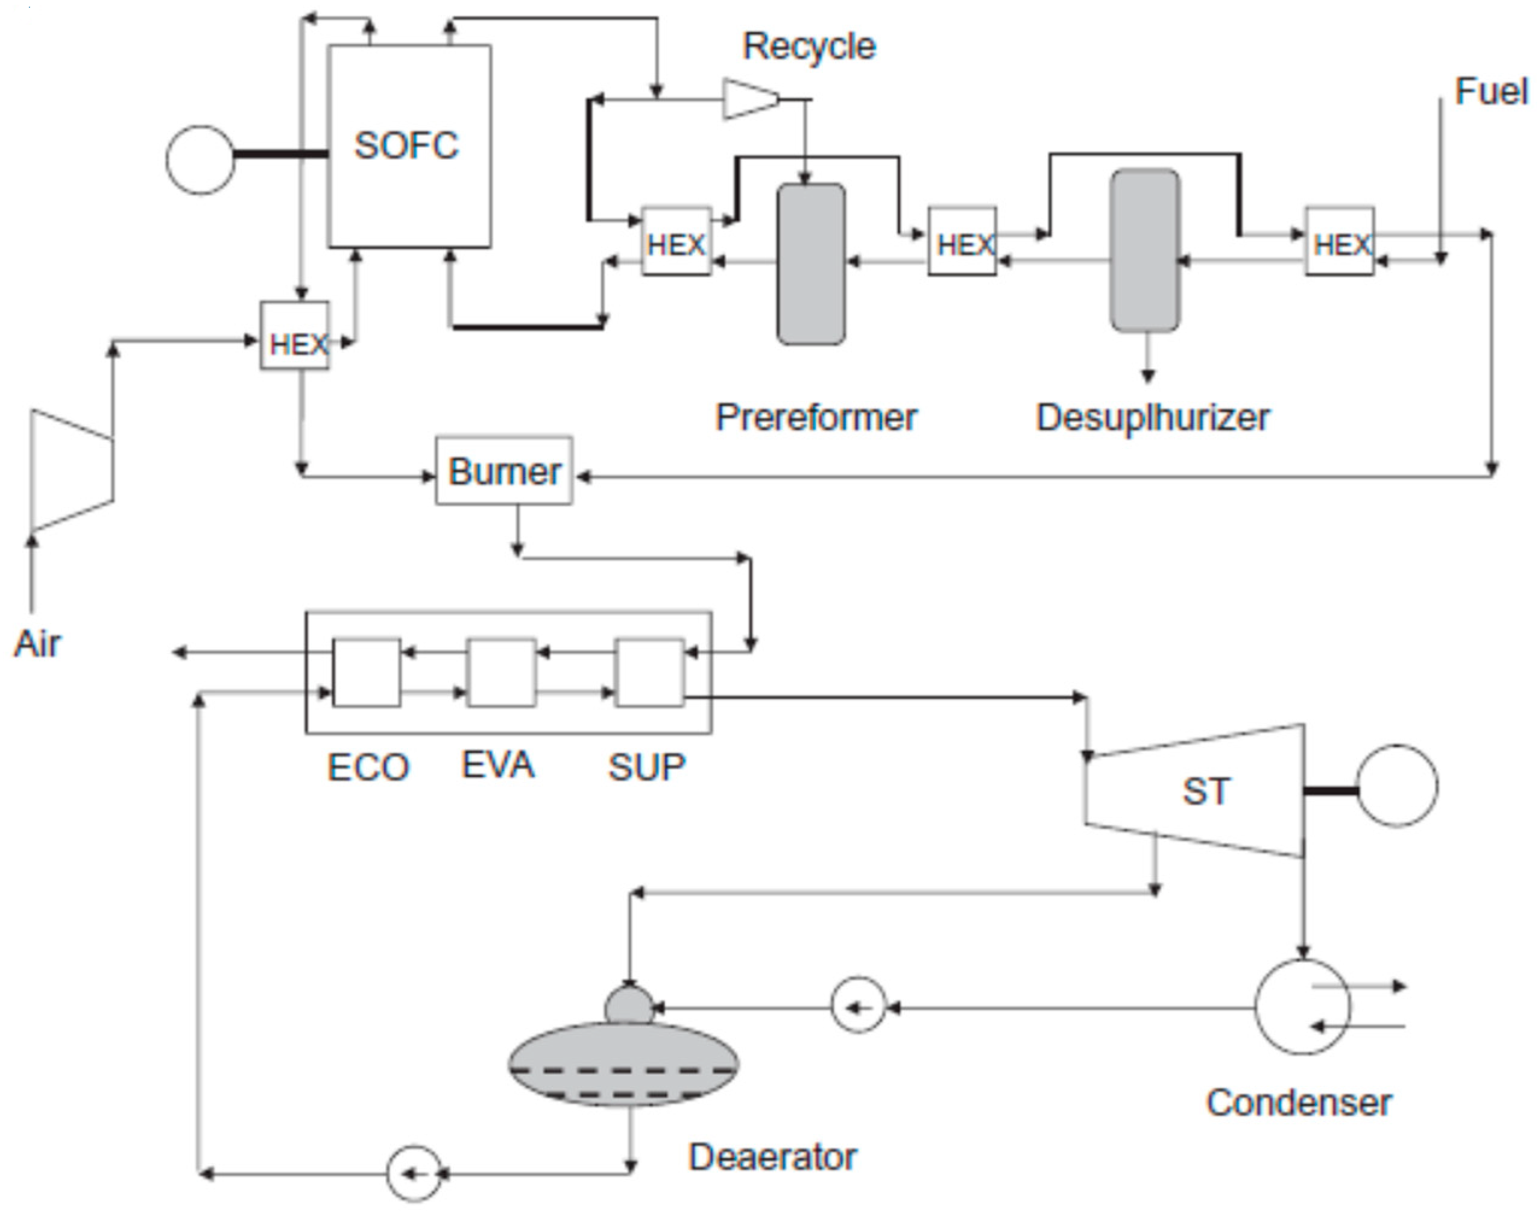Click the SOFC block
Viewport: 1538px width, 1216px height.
(409, 146)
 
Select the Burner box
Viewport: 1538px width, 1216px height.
(503, 471)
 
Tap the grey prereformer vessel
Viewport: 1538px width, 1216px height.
(811, 264)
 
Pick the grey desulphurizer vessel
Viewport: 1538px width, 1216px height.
(1145, 251)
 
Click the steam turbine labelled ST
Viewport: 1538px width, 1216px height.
(1203, 791)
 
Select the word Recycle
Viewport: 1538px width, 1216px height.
(809, 46)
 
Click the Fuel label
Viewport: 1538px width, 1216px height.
(1491, 92)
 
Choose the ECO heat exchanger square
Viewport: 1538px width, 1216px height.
(367, 672)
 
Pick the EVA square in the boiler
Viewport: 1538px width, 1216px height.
(501, 672)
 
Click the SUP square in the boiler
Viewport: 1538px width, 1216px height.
(649, 672)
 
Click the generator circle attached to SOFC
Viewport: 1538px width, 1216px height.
(200, 160)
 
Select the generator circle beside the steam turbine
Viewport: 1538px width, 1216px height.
(1396, 786)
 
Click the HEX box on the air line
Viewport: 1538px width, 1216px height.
(295, 335)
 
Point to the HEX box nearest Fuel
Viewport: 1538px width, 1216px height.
(1339, 241)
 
